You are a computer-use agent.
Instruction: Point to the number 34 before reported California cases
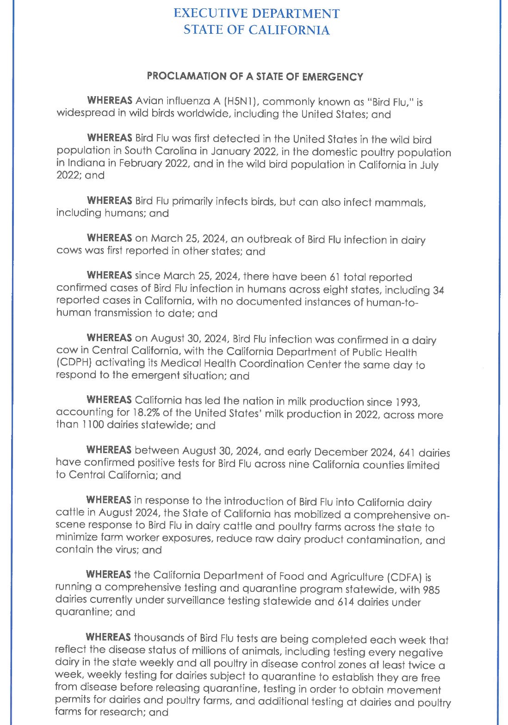(x=438, y=290)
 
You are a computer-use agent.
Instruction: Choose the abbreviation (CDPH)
(x=73, y=364)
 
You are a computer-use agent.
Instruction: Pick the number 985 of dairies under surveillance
(x=430, y=590)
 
